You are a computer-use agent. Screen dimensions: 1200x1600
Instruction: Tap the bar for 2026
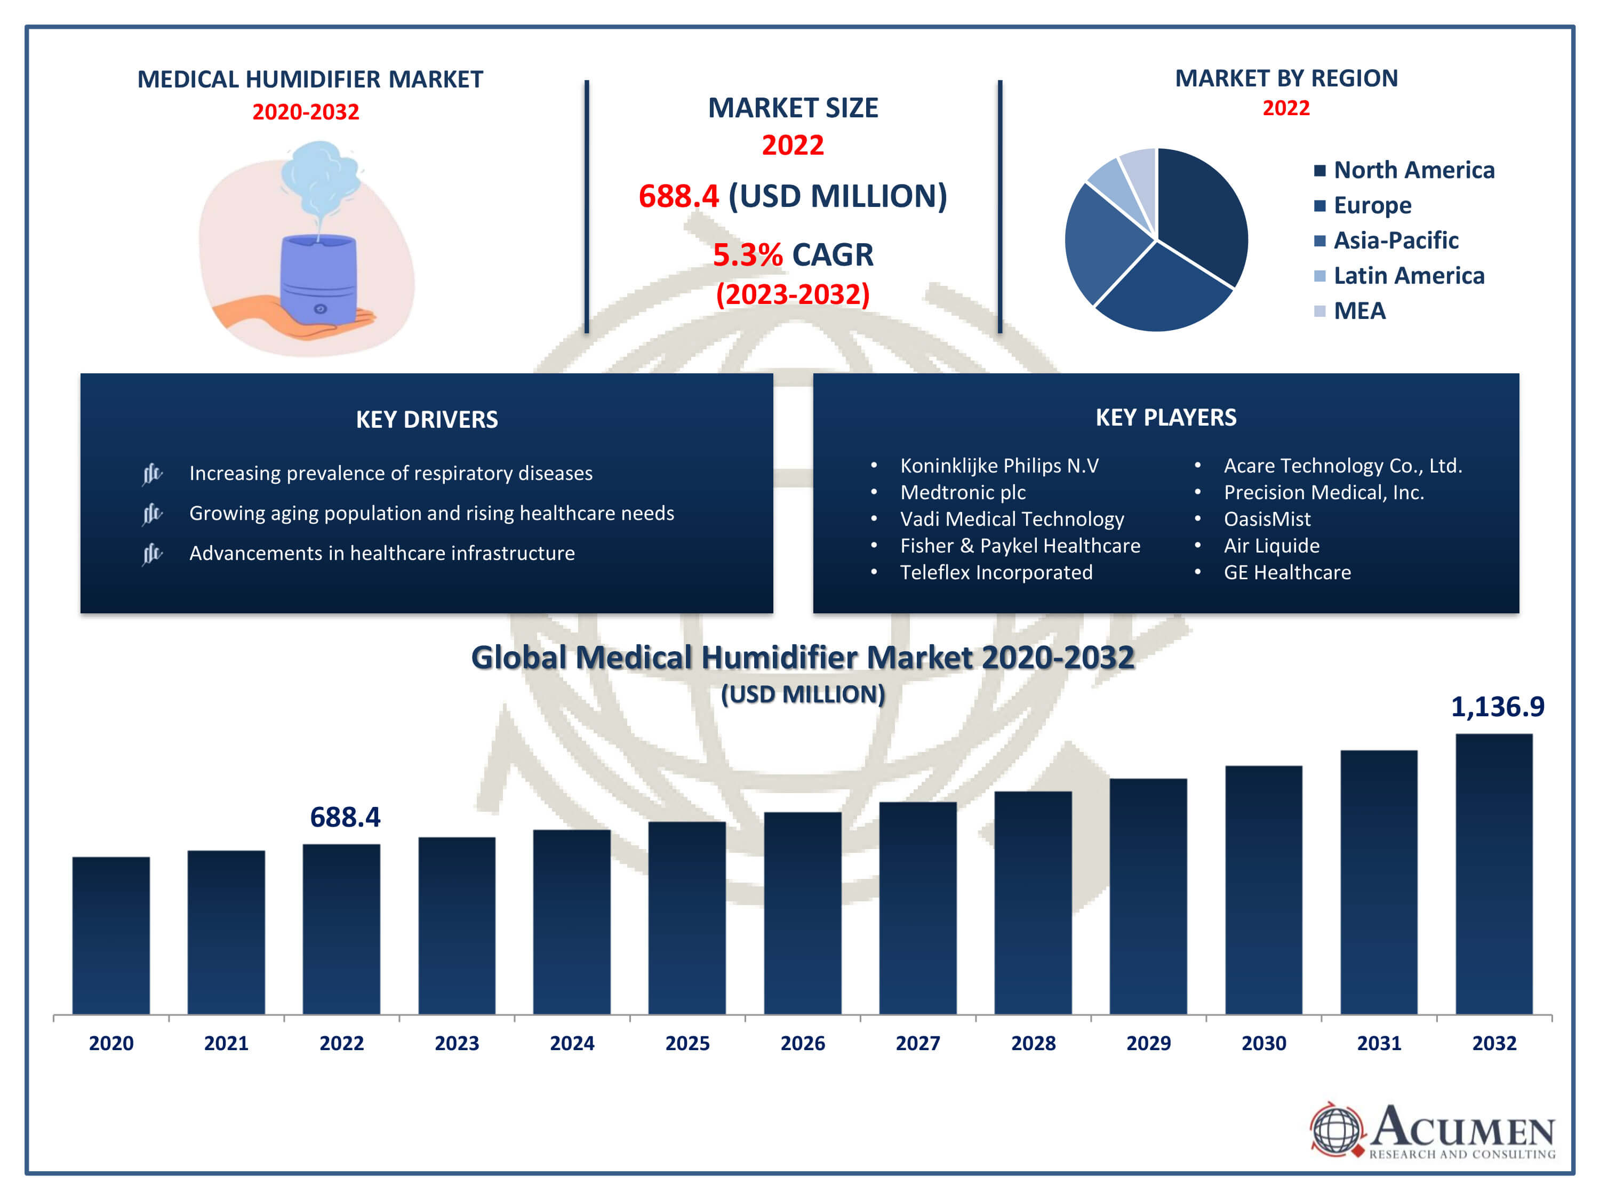[x=802, y=913]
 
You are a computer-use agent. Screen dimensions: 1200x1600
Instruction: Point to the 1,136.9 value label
[x=1497, y=707]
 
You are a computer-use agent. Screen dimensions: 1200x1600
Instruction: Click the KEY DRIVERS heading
[x=427, y=420]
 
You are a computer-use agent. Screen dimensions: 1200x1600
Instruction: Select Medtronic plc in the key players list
[x=962, y=493]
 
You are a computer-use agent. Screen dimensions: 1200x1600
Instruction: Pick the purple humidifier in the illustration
[x=318, y=278]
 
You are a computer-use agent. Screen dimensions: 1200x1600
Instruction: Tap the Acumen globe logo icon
[x=1336, y=1129]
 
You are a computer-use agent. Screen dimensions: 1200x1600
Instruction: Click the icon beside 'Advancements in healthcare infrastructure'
[x=152, y=554]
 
